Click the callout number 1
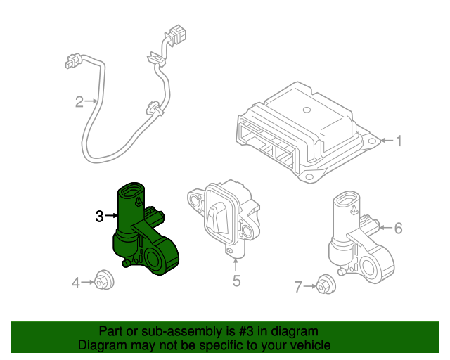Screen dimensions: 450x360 click(x=398, y=142)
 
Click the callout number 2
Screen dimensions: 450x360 click(x=79, y=103)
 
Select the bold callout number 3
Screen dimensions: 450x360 click(x=100, y=217)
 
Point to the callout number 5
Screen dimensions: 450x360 click(x=236, y=281)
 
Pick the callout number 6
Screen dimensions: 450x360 click(x=398, y=228)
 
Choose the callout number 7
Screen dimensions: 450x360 click(x=298, y=286)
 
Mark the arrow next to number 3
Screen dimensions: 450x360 click(x=111, y=217)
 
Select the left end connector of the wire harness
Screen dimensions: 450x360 click(x=71, y=62)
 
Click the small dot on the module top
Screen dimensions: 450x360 click(x=305, y=110)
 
